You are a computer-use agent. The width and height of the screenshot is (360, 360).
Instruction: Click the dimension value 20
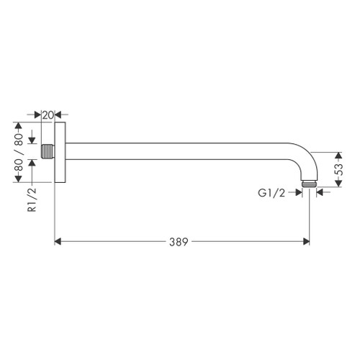coord(48,114)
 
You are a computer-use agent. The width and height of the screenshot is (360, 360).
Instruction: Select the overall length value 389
coord(181,243)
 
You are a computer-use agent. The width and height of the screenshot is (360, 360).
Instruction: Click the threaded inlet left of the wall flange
coord(49,151)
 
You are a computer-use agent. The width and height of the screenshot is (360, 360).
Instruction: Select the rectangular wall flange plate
coord(61,151)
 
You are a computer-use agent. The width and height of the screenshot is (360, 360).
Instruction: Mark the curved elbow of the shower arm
coord(301,162)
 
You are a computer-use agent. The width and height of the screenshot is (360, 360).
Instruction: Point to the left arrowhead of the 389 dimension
coord(59,243)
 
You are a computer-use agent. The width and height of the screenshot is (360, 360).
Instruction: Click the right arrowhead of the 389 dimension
coord(305,243)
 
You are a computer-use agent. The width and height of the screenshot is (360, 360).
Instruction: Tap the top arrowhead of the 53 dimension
coord(338,156)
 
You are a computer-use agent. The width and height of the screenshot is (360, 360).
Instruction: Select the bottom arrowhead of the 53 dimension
coord(338,186)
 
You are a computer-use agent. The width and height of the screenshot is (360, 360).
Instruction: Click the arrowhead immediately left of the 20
coord(38,114)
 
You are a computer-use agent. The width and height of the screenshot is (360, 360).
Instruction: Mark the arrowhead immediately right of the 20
coord(59,114)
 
